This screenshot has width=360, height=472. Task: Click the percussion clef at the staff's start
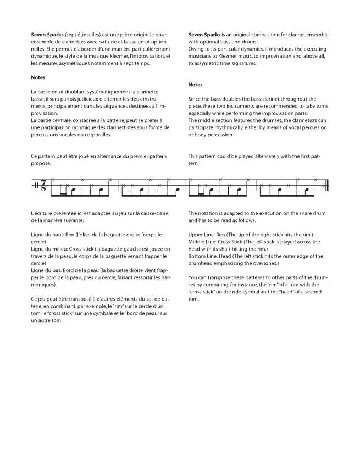36,186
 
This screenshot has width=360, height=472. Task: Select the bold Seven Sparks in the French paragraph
47,34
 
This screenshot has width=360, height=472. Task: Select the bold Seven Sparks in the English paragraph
204,34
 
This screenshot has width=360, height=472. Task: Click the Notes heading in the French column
38,77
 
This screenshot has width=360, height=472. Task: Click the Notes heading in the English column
195,85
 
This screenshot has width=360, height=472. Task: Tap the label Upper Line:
201,235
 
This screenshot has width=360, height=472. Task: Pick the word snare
296,213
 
